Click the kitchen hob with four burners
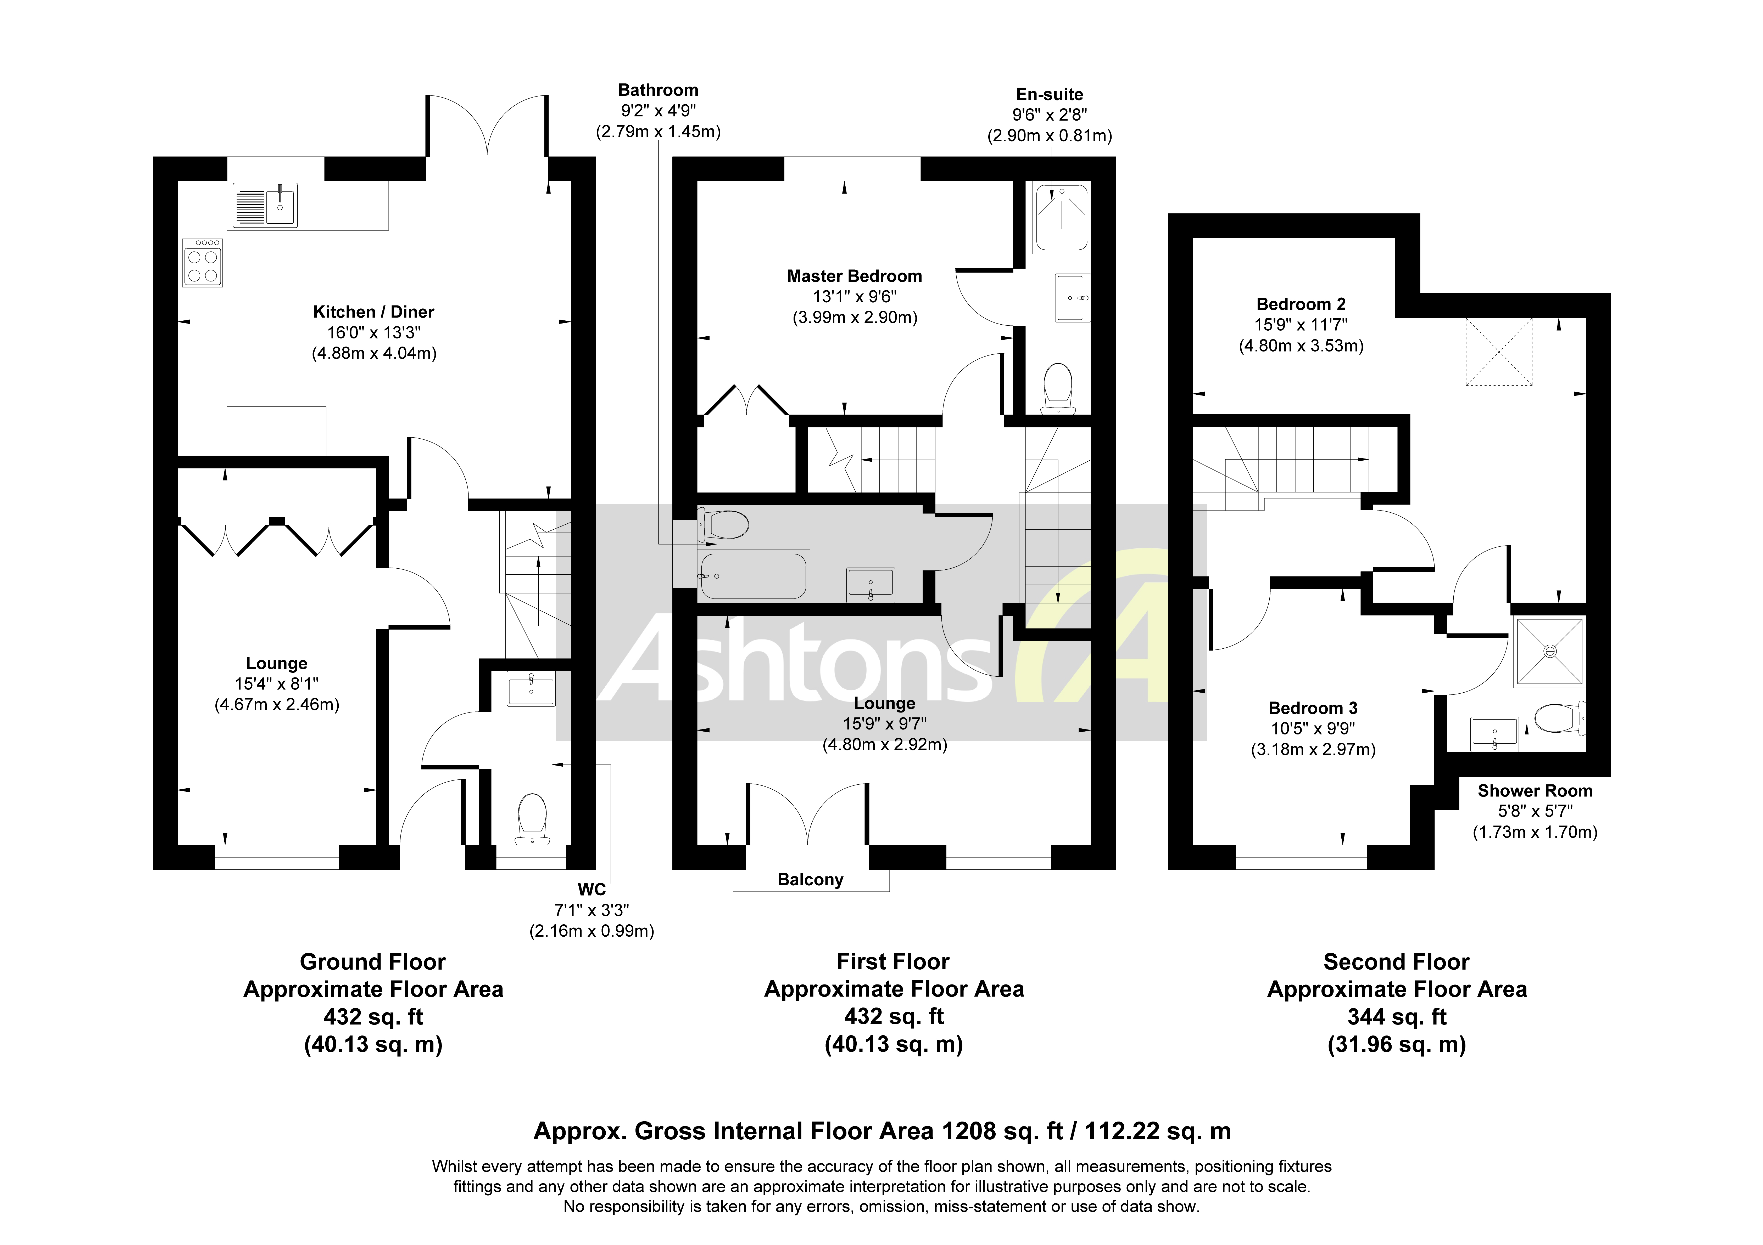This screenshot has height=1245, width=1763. click(203, 263)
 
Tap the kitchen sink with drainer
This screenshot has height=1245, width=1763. click(265, 205)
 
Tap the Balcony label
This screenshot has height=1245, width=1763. click(810, 880)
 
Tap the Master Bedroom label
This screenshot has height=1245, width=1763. click(854, 276)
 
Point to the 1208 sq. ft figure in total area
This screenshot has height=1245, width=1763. click(1002, 1131)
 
